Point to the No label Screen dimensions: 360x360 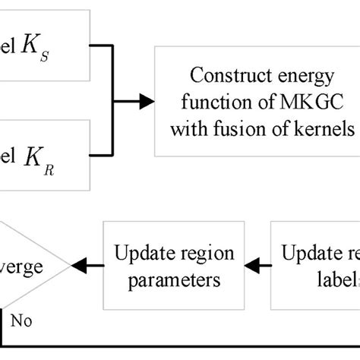(21, 320)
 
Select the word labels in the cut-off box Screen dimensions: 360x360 (338, 279)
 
